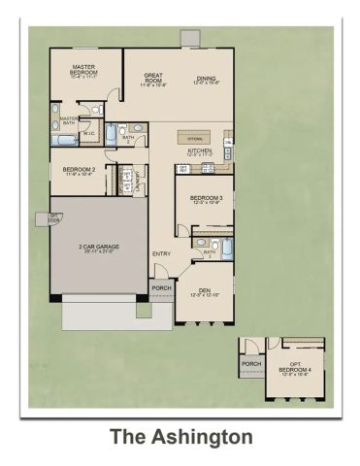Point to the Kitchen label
[x=200, y=151]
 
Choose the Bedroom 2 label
[x=78, y=170]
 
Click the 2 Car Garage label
[x=99, y=247]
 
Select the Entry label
[x=161, y=254]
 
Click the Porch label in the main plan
[x=161, y=287]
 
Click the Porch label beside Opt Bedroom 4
[x=251, y=365]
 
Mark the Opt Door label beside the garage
[x=41, y=218]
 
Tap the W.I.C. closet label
[x=87, y=134]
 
